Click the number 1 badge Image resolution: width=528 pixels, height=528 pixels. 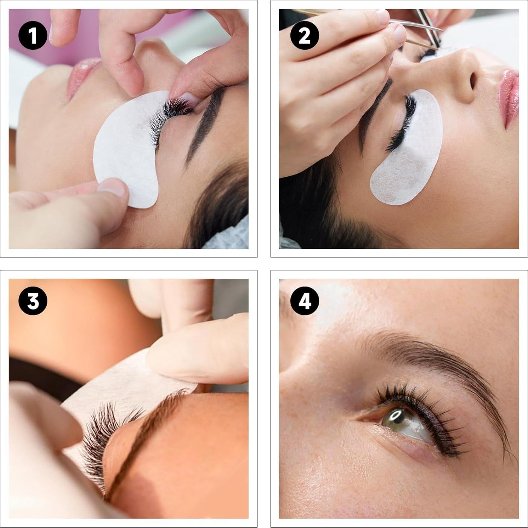click(x=33, y=35)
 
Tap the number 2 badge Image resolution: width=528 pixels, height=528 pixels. click(x=304, y=35)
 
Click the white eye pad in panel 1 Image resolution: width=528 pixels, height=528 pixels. click(x=124, y=151)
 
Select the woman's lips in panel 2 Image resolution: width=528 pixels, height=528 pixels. click(x=508, y=98)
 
